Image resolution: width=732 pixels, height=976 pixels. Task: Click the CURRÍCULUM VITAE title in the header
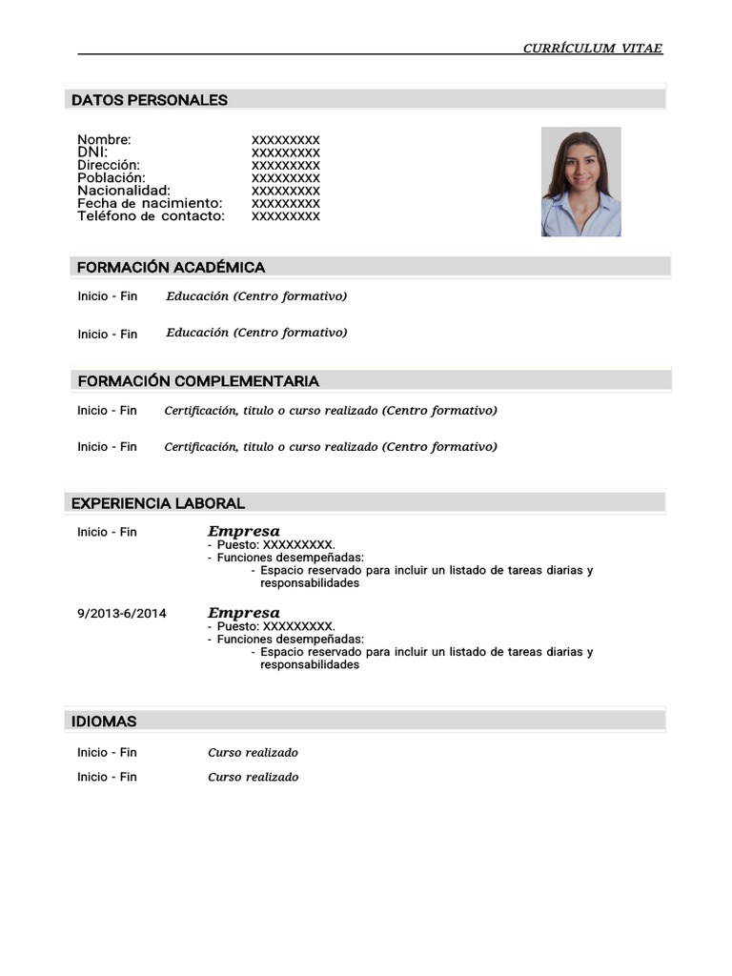point(592,49)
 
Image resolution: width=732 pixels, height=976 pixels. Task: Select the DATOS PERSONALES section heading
point(150,100)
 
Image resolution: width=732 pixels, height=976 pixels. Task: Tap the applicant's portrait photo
point(581,182)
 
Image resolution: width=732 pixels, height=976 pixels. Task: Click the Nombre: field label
point(104,140)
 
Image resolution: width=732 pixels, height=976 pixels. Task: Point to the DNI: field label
point(92,152)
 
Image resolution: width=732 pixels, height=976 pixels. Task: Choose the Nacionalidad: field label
point(124,191)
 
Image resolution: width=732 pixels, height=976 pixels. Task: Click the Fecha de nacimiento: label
point(150,203)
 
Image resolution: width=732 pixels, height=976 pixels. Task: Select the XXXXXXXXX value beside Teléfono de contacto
point(286,216)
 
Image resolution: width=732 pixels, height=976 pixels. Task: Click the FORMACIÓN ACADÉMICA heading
point(171,268)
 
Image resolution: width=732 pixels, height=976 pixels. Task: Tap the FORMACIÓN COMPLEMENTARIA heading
point(198,381)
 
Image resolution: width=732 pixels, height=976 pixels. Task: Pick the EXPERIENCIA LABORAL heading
point(158,503)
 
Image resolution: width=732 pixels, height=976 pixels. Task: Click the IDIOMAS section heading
point(104,722)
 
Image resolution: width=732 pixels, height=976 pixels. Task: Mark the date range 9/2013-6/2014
point(122,614)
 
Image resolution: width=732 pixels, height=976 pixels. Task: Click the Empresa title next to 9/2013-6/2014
point(244,613)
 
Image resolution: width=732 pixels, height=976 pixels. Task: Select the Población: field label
point(112,178)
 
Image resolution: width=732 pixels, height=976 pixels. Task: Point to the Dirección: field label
point(109,165)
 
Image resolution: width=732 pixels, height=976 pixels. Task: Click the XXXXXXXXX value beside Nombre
point(286,140)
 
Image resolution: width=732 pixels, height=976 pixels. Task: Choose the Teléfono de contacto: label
point(152,216)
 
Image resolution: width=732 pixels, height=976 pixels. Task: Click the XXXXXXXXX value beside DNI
point(286,152)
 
